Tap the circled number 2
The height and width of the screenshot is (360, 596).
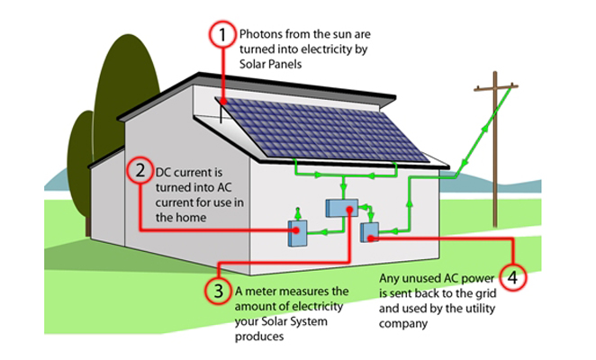tap(140, 169)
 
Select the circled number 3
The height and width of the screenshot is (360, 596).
tap(219, 291)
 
